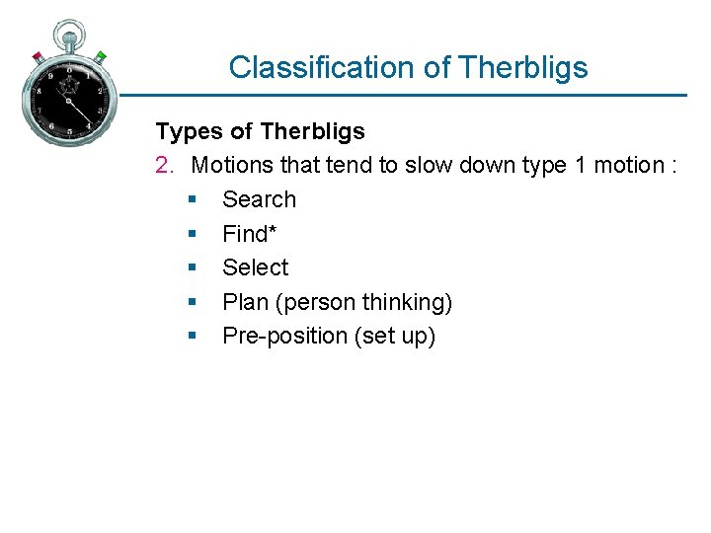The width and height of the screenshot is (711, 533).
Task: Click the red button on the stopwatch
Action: (38, 56)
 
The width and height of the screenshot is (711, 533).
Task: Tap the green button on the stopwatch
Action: (101, 56)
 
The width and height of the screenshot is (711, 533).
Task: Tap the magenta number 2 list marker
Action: (164, 165)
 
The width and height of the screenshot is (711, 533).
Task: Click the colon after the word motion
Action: (672, 166)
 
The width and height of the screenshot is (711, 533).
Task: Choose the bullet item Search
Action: (259, 199)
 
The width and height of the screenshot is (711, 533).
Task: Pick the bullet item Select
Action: (255, 267)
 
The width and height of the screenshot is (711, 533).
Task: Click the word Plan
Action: (243, 302)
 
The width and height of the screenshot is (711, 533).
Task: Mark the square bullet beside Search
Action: (192, 200)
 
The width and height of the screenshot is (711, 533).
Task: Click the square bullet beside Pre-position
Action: (192, 337)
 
